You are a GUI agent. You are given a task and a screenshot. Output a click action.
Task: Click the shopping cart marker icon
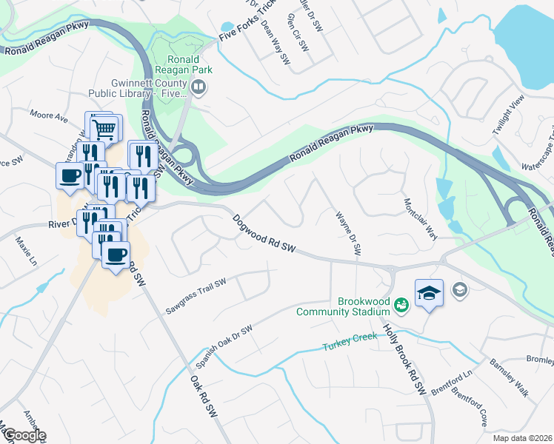coord(104,129)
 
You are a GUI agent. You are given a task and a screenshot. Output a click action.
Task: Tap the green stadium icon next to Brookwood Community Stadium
coord(401,304)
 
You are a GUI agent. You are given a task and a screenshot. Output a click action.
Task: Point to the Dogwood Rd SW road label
coord(264,235)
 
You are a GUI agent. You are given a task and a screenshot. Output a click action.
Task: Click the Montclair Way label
coord(419,219)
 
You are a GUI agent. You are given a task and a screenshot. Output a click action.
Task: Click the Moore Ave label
coord(49,115)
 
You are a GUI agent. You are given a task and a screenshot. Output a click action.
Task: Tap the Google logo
coord(24,435)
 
